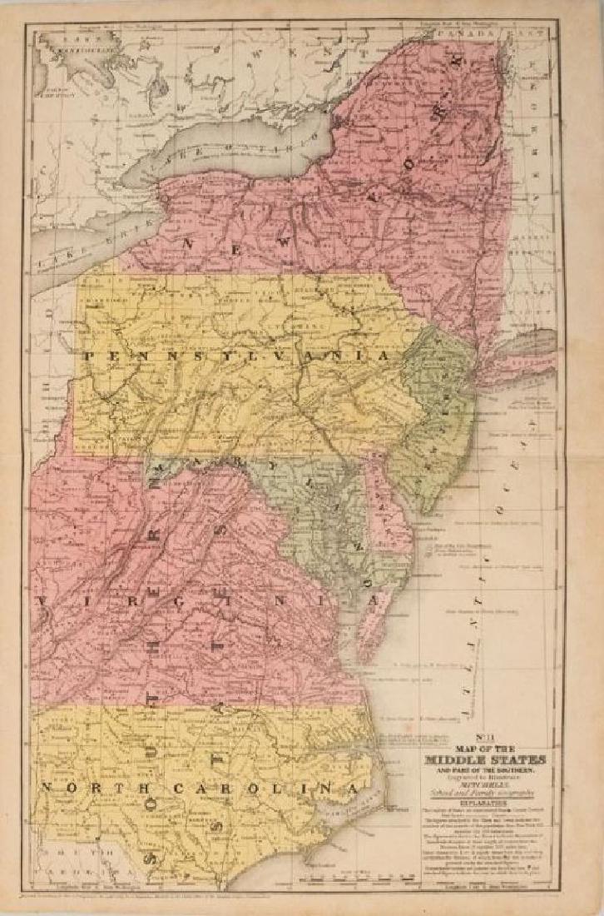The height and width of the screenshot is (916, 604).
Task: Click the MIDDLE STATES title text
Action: click(x=485, y=759)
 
